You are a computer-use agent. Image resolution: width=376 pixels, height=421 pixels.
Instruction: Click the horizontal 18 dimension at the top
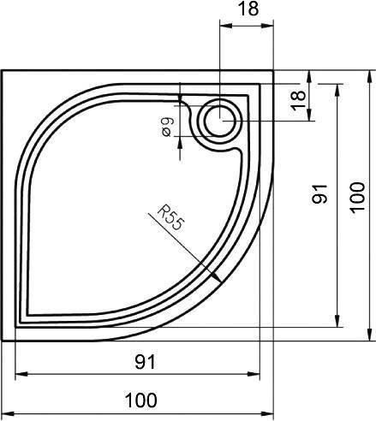248,9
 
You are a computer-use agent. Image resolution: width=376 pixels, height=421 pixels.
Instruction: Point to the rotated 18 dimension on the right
298,100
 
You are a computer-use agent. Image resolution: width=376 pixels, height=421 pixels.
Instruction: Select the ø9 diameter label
166,127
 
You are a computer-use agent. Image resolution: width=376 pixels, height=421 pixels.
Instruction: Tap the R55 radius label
170,218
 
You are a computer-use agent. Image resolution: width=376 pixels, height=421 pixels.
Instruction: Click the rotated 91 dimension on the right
319,194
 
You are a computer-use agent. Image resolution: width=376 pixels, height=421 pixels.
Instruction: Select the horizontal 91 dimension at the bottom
146,362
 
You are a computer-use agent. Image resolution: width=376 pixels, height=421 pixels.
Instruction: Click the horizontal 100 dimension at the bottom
141,400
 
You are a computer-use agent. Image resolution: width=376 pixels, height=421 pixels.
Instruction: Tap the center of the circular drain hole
220,121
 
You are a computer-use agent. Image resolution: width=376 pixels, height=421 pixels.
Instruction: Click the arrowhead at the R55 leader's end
216,276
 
